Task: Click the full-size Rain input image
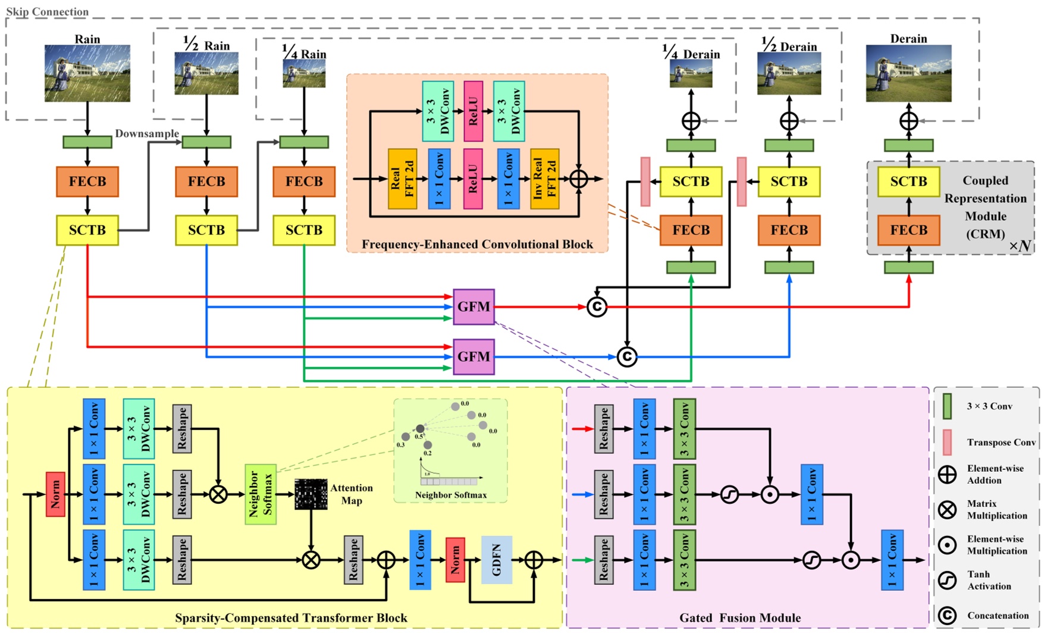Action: (x=87, y=73)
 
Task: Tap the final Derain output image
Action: (x=908, y=73)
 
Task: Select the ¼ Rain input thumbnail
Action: (x=304, y=74)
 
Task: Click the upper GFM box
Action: (x=474, y=307)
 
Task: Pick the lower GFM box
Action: (x=474, y=357)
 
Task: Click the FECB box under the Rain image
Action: (x=87, y=181)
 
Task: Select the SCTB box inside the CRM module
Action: (x=908, y=181)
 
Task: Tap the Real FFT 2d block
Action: (x=402, y=178)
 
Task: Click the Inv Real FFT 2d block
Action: (x=544, y=178)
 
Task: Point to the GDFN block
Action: (x=497, y=560)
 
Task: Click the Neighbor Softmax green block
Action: (x=261, y=494)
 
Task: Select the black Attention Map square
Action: (x=311, y=494)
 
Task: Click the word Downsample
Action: (x=147, y=133)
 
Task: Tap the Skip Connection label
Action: (x=47, y=11)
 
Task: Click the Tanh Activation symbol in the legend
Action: (x=947, y=580)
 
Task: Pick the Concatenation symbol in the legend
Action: (x=947, y=616)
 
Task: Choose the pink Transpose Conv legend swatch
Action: (x=947, y=442)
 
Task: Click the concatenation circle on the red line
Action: (x=597, y=307)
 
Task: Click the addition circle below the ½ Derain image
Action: (x=789, y=121)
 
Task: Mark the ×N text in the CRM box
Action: (x=1020, y=245)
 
